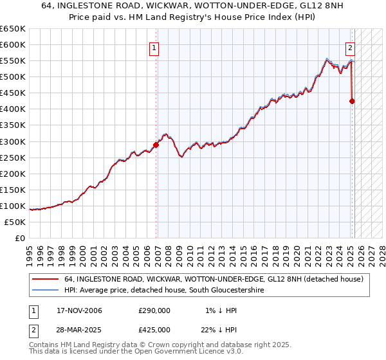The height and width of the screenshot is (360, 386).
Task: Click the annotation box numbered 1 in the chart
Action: (155, 47)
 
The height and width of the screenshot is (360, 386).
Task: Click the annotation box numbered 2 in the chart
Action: (351, 47)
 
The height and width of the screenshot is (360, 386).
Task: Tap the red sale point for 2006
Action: (156, 145)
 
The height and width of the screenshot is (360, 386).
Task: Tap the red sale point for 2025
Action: (352, 101)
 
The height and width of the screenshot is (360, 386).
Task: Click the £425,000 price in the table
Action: (154, 330)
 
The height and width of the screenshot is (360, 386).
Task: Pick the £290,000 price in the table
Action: (154, 311)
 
